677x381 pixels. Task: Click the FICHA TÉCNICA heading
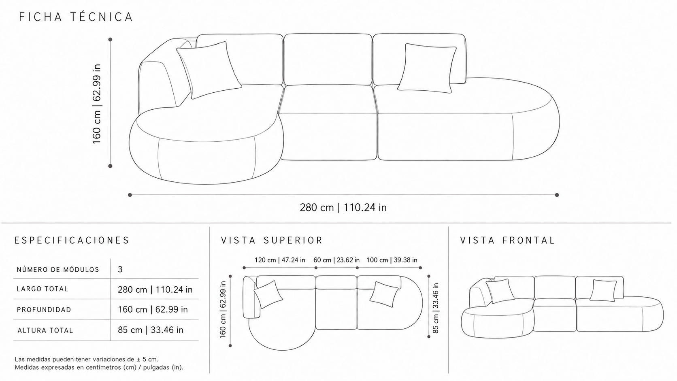[x=76, y=17]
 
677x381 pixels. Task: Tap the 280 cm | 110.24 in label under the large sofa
[x=343, y=208]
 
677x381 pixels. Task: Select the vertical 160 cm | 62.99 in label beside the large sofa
[x=96, y=104]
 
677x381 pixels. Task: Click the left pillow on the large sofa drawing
[x=209, y=70]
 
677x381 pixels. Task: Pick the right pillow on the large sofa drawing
[x=427, y=68]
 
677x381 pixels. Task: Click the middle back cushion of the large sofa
[x=328, y=60]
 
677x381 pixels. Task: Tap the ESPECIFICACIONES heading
[x=72, y=241]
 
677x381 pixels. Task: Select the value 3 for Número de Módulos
[x=120, y=269]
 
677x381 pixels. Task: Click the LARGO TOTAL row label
[x=42, y=289]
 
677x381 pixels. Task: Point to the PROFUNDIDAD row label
[x=44, y=310]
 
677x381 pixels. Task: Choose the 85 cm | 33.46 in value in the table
[x=151, y=330]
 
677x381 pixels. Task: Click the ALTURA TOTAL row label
[x=45, y=330]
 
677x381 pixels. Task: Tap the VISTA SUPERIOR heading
[x=272, y=241]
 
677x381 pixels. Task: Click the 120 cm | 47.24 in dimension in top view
[x=280, y=260]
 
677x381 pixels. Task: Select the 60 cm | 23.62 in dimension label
[x=336, y=260]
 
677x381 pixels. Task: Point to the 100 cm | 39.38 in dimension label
[x=392, y=260]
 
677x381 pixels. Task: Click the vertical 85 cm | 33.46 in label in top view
[x=436, y=308]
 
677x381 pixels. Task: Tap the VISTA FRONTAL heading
[x=508, y=241]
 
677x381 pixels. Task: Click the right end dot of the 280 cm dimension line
[x=557, y=195]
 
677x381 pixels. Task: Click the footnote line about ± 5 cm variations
[x=86, y=360]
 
